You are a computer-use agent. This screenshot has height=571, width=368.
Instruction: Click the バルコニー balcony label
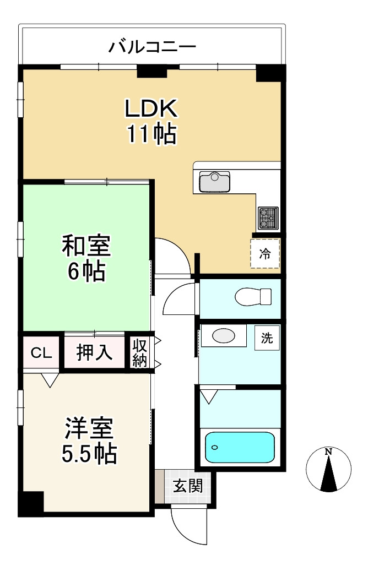click(152, 46)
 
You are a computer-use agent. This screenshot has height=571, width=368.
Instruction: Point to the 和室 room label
click(86, 246)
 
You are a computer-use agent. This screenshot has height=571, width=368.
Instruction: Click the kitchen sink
click(214, 180)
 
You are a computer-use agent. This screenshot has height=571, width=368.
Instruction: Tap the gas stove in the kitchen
click(268, 218)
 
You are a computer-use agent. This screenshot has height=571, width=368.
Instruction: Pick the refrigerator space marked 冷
click(266, 254)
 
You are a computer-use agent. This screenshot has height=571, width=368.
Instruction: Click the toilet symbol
click(253, 297)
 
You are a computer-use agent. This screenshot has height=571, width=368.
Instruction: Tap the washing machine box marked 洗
click(267, 338)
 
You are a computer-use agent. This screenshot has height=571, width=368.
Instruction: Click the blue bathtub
click(240, 447)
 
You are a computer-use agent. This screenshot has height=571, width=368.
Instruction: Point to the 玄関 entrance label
click(187, 486)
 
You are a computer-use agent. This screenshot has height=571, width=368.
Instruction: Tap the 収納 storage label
click(140, 353)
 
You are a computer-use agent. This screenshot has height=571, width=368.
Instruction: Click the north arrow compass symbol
click(328, 469)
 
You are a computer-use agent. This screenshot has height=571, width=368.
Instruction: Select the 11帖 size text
click(151, 134)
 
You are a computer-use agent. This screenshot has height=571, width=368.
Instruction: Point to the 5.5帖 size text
click(89, 453)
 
